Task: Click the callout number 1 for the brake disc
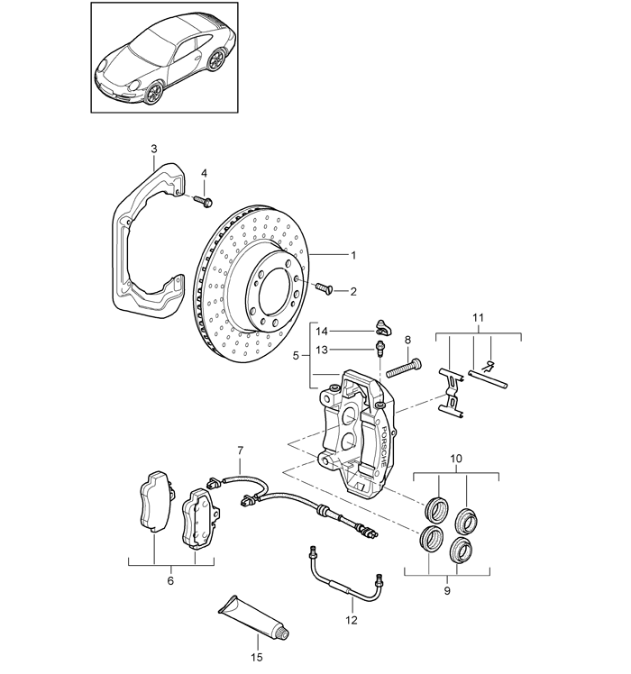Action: (353, 255)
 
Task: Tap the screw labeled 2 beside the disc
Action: (325, 288)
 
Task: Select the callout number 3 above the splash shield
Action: (154, 150)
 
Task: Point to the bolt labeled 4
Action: (203, 201)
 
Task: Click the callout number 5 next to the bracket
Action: (296, 356)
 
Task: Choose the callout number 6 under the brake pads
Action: (170, 581)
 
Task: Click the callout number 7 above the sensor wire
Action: (240, 451)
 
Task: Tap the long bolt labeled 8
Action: (404, 368)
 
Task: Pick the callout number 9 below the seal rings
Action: (447, 591)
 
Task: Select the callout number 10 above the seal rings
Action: (456, 459)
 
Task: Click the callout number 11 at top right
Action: (478, 318)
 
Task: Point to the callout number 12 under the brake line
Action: (352, 620)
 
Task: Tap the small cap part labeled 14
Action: (383, 328)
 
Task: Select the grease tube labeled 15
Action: (253, 616)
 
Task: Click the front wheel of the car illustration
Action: (152, 92)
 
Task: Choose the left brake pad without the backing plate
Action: (155, 501)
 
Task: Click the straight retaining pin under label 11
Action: (489, 379)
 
